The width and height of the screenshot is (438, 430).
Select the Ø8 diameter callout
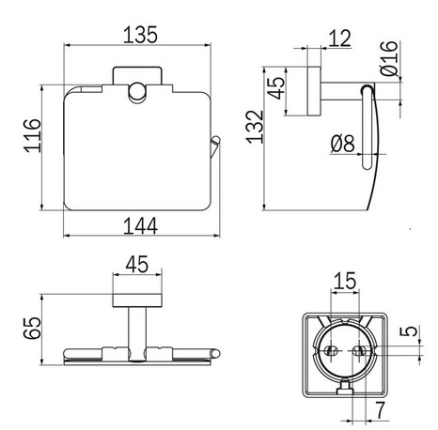[x=344, y=142]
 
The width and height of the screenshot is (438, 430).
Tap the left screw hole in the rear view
[x=333, y=353]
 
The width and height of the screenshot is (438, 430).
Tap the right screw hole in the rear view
[x=360, y=353]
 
